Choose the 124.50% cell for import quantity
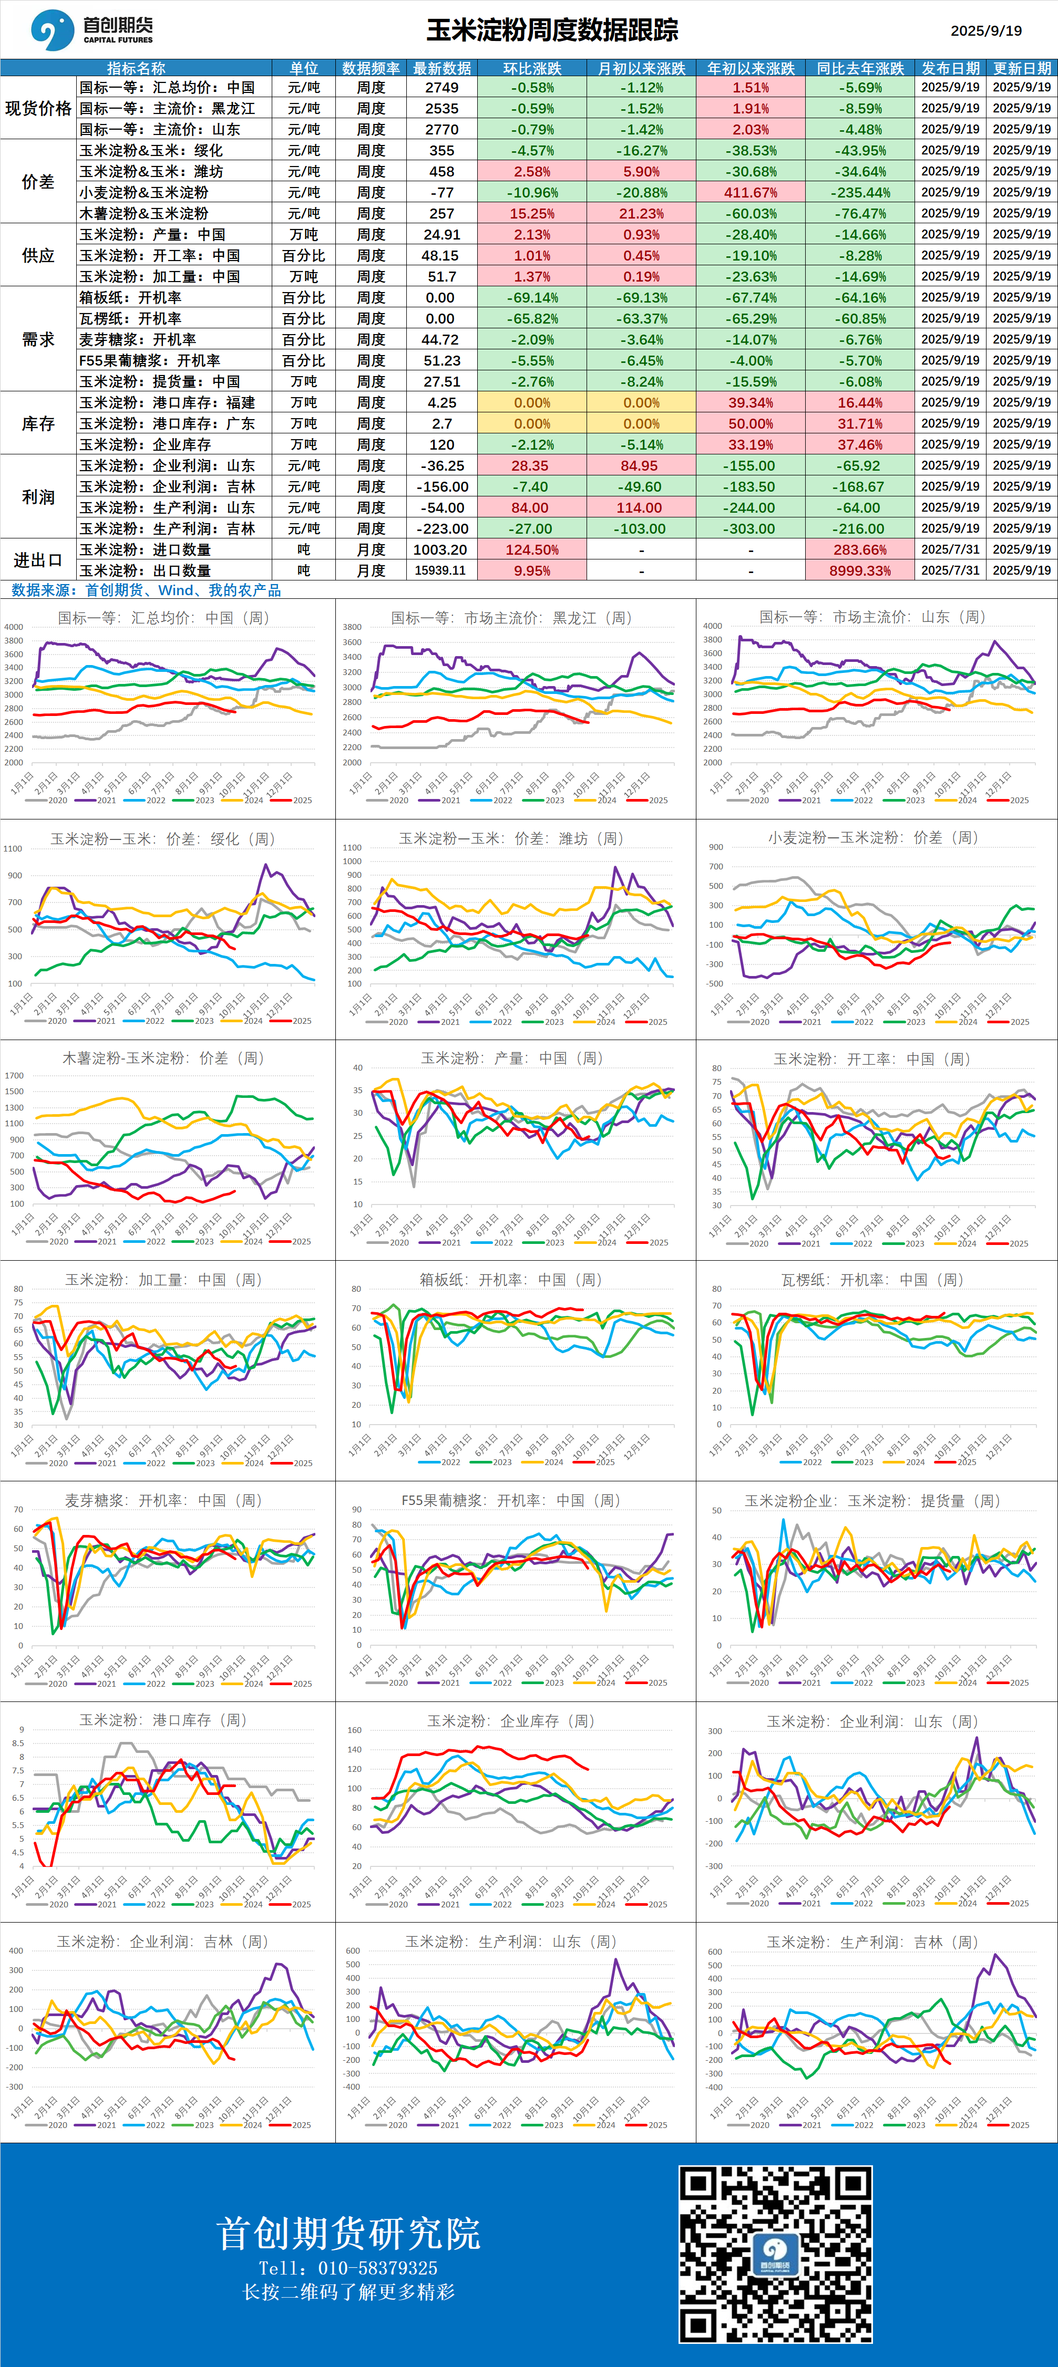(531, 549)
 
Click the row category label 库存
(38, 423)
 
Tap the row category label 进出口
(38, 559)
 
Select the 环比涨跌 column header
(531, 68)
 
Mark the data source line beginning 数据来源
(145, 590)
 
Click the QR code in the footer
(775, 2254)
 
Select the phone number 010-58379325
(377, 2268)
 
